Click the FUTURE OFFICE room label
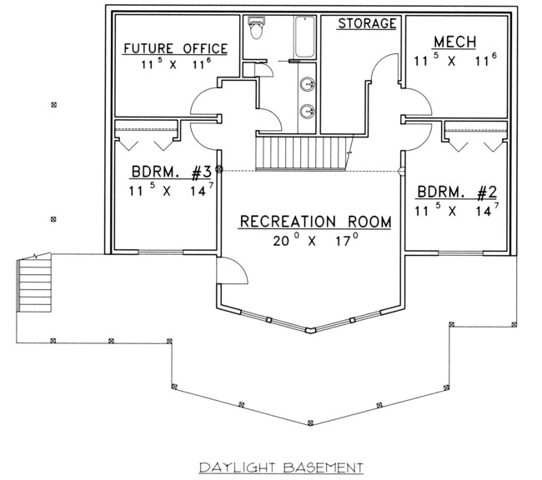click(176, 48)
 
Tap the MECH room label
click(455, 42)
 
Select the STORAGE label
click(367, 23)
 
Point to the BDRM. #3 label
click(171, 172)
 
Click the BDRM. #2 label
click(457, 192)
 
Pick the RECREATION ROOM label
click(315, 222)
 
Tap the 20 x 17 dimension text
click(315, 240)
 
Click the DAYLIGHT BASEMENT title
click(281, 467)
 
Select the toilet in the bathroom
click(256, 27)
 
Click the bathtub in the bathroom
click(305, 37)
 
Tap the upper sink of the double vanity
click(307, 84)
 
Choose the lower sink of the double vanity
click(307, 112)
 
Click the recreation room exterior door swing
click(232, 271)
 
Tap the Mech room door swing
click(417, 102)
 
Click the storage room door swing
click(384, 68)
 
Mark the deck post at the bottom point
click(310, 422)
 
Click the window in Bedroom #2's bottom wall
click(460, 253)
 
